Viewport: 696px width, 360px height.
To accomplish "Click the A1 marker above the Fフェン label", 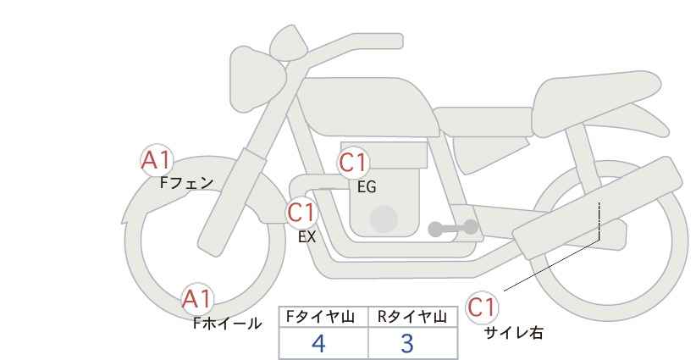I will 157,159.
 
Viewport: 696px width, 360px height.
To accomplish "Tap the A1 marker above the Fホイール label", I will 198,299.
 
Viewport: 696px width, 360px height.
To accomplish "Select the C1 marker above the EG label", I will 355,163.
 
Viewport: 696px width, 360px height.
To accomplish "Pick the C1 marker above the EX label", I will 301,212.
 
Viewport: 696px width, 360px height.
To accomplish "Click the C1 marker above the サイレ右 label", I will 482,307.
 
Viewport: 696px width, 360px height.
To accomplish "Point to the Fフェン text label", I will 186,182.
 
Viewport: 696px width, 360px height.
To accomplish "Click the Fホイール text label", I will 227,323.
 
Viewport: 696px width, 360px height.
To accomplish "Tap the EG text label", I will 366,187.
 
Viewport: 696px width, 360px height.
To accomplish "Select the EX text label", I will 307,237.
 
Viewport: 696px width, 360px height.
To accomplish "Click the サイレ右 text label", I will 513,333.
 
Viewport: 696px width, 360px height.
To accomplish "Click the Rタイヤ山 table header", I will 412,317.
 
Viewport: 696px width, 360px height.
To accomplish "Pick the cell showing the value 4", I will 319,344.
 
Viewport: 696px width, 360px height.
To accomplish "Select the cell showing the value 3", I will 407,344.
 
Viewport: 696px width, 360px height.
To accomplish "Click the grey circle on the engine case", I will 384,219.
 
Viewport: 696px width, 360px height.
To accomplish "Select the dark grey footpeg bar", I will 453,228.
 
